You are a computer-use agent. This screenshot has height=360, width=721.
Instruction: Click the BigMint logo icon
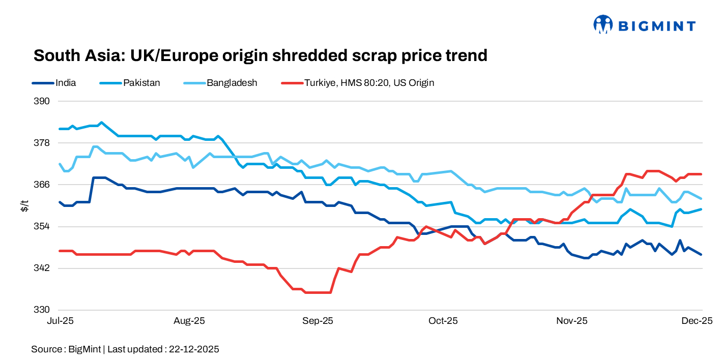tap(603, 24)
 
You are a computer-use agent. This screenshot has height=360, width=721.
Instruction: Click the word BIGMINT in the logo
tap(656, 25)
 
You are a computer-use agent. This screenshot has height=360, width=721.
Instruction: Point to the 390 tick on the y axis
tap(42, 101)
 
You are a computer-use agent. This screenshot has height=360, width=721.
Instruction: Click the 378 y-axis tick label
tap(42, 142)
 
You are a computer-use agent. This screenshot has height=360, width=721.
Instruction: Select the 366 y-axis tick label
tap(42, 184)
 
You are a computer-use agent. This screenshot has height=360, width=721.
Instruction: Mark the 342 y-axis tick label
tap(42, 268)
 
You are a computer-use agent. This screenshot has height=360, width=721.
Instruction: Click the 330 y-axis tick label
tap(42, 310)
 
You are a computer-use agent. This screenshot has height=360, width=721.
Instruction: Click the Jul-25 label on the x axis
tap(60, 321)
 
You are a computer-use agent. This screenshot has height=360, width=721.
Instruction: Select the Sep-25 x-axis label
tap(318, 321)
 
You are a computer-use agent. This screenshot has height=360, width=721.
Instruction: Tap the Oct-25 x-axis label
tap(443, 321)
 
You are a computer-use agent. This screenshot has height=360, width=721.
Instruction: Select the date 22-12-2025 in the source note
tap(194, 349)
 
